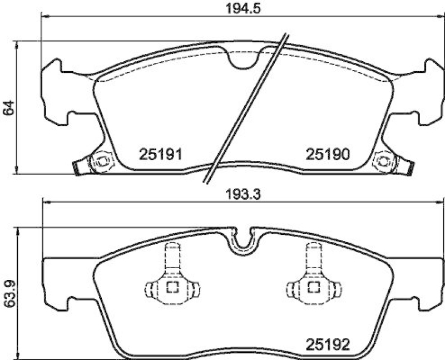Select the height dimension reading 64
coord(8,108)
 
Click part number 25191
coord(160,154)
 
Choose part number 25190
coord(327,154)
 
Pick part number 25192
coord(327,345)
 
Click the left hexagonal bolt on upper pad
coord(102,162)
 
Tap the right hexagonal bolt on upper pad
coord(383,162)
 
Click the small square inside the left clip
coord(172,287)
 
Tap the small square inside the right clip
coord(313,287)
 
